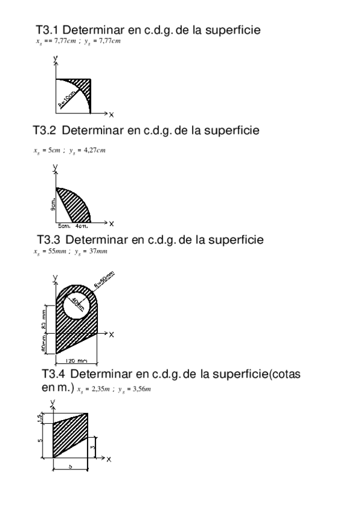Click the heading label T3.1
[x=48, y=29]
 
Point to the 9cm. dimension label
[x=53, y=206]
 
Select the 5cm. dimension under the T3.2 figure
[x=64, y=227]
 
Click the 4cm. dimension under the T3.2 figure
[x=82, y=227]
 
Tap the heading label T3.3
[x=49, y=239]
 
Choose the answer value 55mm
[x=59, y=251]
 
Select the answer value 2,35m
[x=100, y=390]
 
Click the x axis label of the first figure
[x=112, y=113]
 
